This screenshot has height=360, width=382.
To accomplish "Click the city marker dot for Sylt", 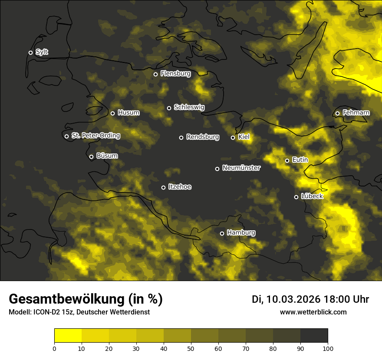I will pos(30,52).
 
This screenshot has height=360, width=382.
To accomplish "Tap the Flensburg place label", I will pos(175,74).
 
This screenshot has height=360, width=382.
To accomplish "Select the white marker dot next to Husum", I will pos(112,113).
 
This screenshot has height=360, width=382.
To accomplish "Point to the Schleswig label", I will pos(189,107).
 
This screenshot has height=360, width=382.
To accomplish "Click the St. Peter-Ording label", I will pos(95,136).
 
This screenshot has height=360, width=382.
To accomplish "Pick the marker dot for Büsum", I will pos(91,157).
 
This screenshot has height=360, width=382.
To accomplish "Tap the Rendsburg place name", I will pos(202,137).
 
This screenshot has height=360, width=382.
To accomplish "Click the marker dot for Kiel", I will pos(233,137).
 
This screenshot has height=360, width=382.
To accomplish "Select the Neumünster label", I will pos(241,168).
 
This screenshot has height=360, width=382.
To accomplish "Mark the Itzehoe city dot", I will pos(163,187).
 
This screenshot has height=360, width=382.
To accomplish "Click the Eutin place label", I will pos(300,160).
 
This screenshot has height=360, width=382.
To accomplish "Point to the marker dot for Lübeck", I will pos(296,197).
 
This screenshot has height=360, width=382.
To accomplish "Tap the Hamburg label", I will pos(241,233).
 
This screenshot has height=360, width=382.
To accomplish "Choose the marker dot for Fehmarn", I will pos(337,114).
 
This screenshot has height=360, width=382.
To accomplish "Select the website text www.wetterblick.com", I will pos(313,312).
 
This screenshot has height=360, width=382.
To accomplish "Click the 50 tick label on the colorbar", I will pos(191,348).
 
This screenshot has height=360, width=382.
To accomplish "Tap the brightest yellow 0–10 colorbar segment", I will pos(68,336).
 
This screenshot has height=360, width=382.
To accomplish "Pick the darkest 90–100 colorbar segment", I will pos(314,336).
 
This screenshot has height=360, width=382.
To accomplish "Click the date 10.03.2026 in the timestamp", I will pos(293,299).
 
